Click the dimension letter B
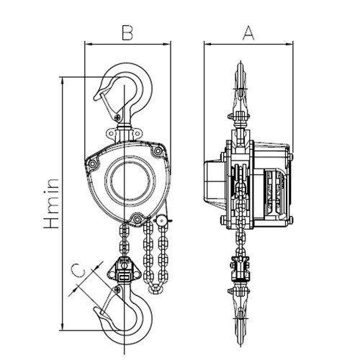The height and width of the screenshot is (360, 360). tap(127, 32)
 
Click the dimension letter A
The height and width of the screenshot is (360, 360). tap(248, 33)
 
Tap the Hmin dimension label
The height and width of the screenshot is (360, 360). tap(51, 203)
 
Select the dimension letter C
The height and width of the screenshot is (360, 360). tap(79, 271)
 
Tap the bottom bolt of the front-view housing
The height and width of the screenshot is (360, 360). tap(137, 219)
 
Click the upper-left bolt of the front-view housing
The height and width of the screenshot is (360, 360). tap(92, 164)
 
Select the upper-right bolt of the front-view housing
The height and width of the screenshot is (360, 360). tap(158, 151)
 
